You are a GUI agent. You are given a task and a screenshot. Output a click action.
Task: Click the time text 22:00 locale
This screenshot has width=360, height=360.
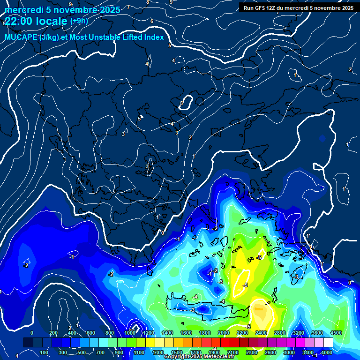[36, 21]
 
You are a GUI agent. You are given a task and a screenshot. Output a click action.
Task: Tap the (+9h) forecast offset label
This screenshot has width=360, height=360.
[79, 21]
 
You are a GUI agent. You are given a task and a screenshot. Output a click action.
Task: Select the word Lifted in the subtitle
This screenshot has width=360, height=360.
[133, 37]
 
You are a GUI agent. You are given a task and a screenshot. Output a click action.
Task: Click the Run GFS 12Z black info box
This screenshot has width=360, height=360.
[299, 7]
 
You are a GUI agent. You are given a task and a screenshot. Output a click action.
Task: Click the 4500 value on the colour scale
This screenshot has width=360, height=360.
[335, 333]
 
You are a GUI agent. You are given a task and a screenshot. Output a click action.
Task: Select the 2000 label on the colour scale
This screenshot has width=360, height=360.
[223, 333]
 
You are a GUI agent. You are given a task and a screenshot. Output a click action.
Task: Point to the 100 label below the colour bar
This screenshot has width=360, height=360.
[45, 352]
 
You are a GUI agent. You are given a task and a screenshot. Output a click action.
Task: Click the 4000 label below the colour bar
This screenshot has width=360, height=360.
[327, 352]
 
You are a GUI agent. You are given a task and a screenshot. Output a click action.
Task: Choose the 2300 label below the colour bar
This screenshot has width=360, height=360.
[251, 352]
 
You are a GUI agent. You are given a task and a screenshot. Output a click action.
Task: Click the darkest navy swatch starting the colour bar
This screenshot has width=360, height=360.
[28, 343]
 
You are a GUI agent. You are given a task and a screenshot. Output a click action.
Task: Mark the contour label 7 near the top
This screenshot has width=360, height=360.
[128, 7]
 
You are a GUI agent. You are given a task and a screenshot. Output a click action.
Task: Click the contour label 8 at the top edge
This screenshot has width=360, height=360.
[148, 2]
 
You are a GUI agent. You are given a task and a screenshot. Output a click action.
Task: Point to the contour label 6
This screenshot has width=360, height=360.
[152, 22]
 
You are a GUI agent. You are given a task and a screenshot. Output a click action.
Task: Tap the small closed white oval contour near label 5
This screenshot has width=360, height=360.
[188, 102]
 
